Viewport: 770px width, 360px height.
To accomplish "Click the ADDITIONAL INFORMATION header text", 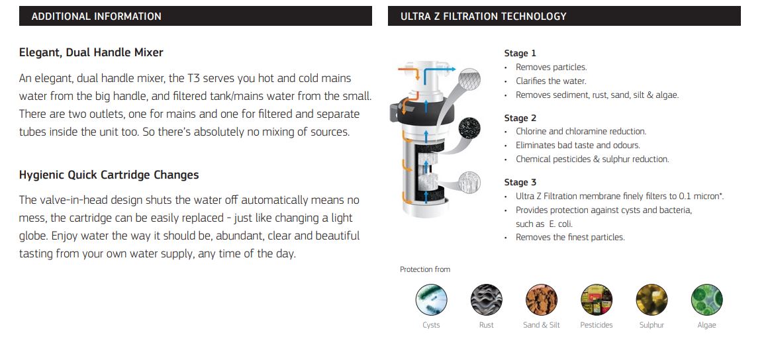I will (96, 17).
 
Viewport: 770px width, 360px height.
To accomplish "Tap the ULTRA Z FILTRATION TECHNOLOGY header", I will (483, 17).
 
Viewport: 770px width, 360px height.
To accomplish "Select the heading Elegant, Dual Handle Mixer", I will (91, 52).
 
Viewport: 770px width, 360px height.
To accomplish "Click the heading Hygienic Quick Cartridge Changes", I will (109, 175).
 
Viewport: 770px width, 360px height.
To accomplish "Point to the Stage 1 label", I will (520, 54).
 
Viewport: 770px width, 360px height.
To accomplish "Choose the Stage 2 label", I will (520, 118).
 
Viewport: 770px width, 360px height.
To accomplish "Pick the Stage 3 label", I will (520, 182).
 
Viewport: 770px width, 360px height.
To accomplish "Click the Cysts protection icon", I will (431, 299).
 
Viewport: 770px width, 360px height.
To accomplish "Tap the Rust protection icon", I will (486, 299).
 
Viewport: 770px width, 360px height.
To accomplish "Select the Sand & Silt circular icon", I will (541, 299).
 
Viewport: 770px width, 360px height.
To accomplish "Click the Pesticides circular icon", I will (596, 299).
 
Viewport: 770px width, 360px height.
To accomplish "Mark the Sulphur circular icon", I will (651, 299).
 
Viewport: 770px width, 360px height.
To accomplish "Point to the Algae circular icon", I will (706, 299).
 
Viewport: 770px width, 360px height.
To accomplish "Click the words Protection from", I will (424, 269).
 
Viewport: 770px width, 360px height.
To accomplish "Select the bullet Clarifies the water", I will (551, 81).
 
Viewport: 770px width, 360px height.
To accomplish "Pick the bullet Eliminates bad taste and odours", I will (577, 145).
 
